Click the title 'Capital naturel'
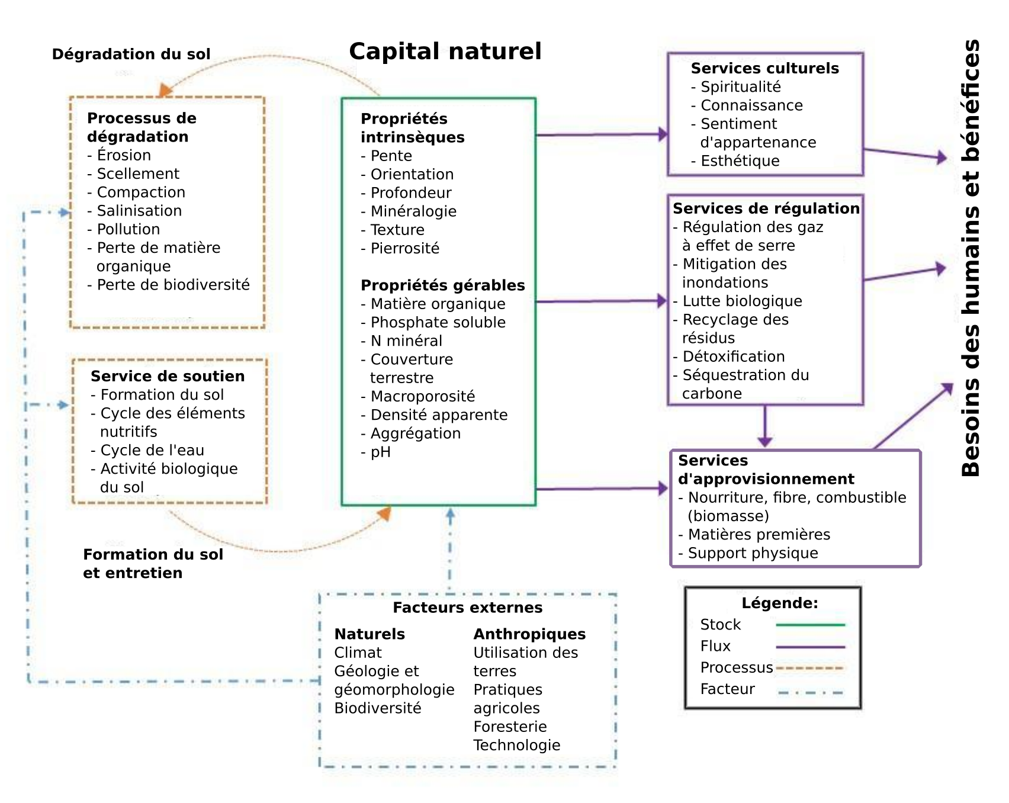[445, 52]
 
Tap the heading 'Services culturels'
[764, 68]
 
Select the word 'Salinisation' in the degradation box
[139, 211]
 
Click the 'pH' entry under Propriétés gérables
[380, 452]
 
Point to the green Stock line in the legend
[809, 625]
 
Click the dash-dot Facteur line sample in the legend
[809, 692]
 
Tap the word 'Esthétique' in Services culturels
[740, 161]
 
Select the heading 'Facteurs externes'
[467, 608]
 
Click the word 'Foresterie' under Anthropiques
[510, 727]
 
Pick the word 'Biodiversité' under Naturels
[378, 708]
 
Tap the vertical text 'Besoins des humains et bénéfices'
[971, 258]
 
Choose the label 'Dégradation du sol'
[131, 54]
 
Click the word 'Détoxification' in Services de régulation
[734, 356]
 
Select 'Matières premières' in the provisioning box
[759, 535]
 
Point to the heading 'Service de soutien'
[168, 377]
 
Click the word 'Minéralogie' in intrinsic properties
[413, 211]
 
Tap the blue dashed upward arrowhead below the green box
[450, 515]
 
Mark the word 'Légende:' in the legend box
[779, 603]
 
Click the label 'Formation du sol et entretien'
[153, 564]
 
